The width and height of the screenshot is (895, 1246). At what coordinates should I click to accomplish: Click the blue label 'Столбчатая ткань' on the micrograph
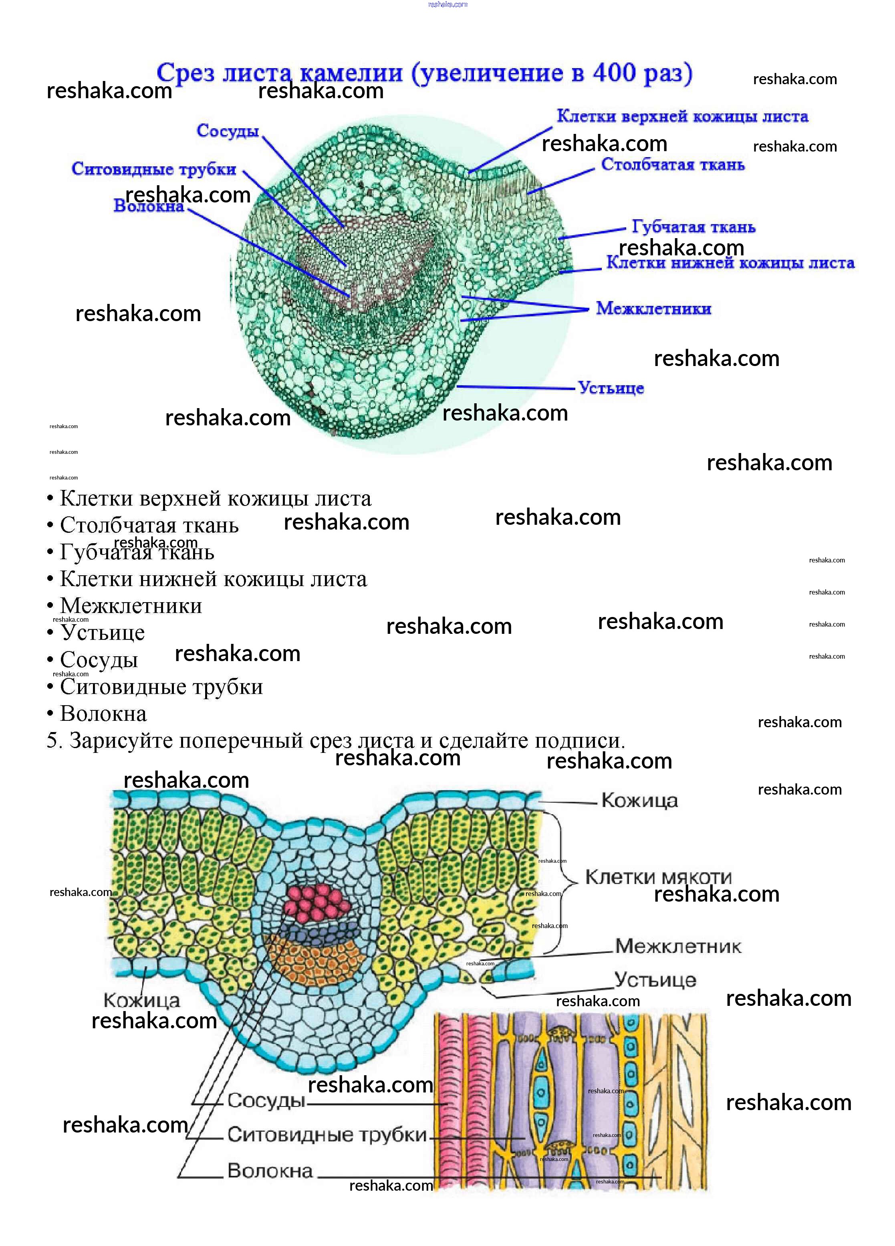pos(673,164)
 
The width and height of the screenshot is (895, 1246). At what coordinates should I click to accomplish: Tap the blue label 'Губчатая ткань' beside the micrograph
pos(693,227)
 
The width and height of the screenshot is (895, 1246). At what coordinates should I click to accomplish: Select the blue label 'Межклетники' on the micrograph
pos(653,308)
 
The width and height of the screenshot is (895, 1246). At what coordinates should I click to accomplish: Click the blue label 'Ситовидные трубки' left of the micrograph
pos(154,169)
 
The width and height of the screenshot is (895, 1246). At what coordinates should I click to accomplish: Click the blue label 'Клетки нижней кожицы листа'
pos(730,263)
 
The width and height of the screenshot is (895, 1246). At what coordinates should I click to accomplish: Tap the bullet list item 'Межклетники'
pos(131,605)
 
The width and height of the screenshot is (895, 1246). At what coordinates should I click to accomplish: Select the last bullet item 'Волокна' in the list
pos(103,713)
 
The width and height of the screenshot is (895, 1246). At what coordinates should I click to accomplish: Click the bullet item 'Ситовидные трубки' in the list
pos(161,686)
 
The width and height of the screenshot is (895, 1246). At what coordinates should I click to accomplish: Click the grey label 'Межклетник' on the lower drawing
pos(677,946)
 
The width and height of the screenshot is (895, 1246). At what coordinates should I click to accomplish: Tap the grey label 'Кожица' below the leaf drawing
pos(141,1000)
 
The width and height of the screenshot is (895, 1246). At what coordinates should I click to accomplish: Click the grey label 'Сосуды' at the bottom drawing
pos(266,1100)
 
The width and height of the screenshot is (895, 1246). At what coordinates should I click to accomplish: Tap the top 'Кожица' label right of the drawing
pos(639,801)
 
